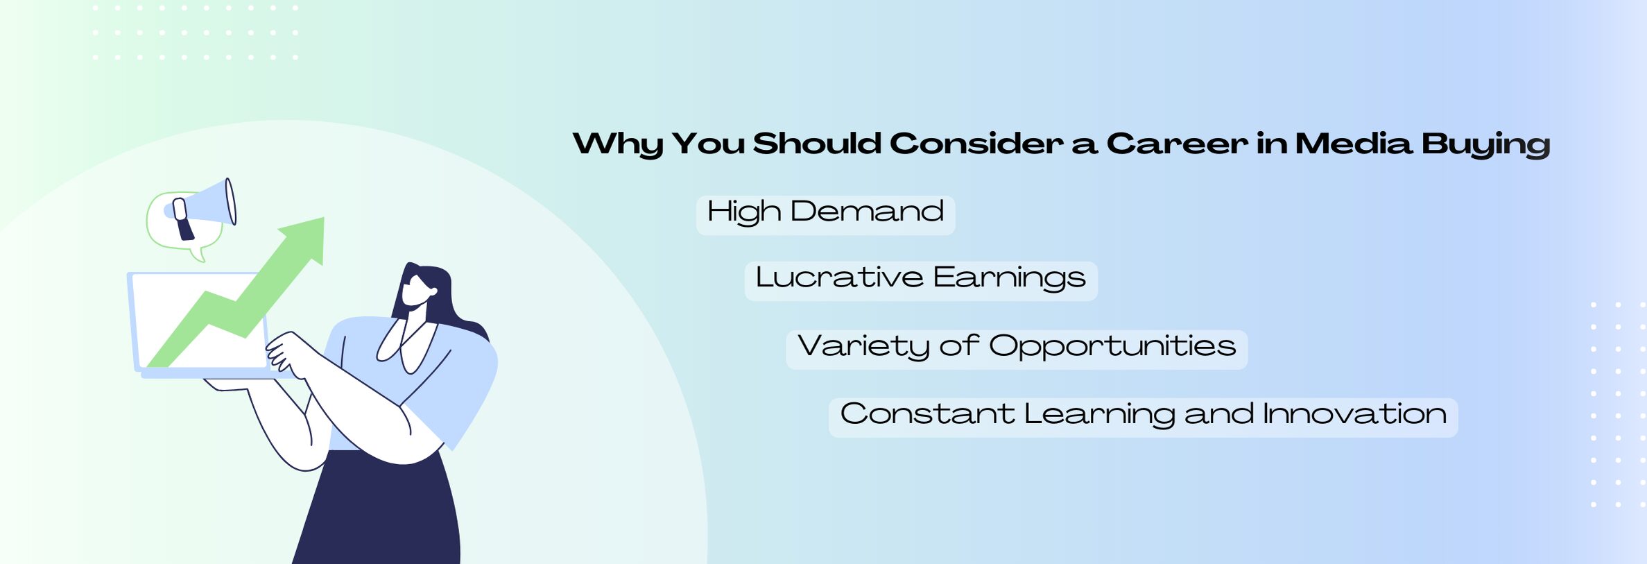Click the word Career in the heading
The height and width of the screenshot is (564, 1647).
tap(1176, 144)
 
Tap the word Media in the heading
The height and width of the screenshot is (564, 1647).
tap(1354, 144)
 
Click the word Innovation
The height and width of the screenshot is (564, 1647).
tap(1354, 414)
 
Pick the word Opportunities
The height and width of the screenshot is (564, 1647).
tap(1112, 347)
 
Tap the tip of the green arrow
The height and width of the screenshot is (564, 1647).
tap(324, 218)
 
